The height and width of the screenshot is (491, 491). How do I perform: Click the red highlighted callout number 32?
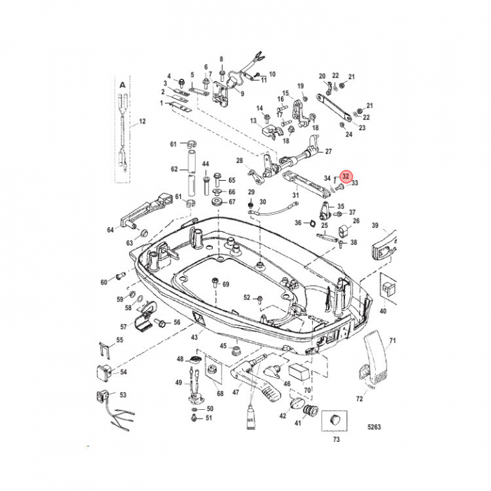point(345,177)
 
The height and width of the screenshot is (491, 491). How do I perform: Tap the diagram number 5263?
point(374,427)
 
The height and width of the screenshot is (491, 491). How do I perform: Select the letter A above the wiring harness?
point(123,85)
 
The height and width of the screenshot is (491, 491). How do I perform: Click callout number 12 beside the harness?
point(142,121)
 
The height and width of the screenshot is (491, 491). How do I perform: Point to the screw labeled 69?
point(215,282)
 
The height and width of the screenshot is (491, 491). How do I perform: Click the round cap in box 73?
point(335,419)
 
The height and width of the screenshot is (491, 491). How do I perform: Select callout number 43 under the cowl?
point(194,337)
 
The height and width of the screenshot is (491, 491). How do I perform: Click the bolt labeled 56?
point(160,323)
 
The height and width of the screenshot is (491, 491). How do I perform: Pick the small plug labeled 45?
point(236,351)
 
